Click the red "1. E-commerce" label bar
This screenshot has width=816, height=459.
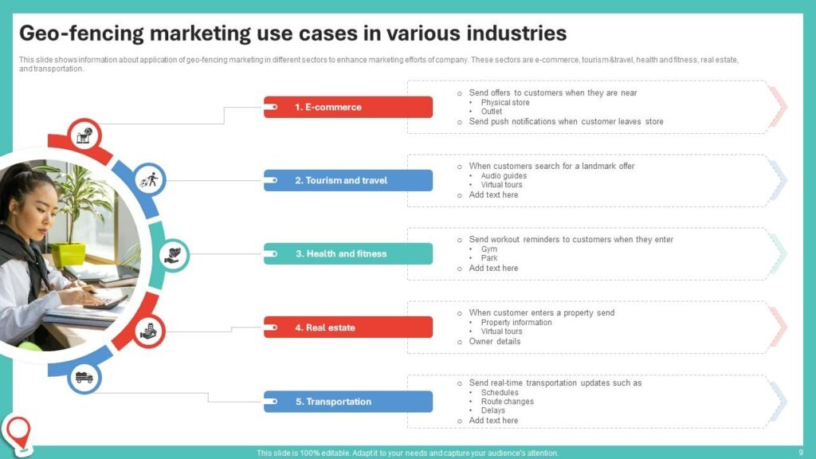pyautogui.click(x=347, y=108)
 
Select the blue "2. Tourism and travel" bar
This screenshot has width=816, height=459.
pyautogui.click(x=347, y=181)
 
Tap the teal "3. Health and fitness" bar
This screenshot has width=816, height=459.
pyautogui.click(x=347, y=254)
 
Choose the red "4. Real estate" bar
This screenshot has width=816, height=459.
pyautogui.click(x=347, y=328)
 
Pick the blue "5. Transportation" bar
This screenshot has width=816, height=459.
pyautogui.click(x=347, y=402)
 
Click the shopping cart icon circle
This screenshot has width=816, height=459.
pyautogui.click(x=84, y=135)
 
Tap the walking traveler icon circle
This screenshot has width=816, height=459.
pyautogui.click(x=149, y=180)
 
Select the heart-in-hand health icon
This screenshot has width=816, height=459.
pyautogui.click(x=173, y=255)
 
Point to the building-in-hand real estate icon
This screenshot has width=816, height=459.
pyautogui.click(x=149, y=331)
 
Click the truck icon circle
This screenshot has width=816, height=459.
pyautogui.click(x=84, y=377)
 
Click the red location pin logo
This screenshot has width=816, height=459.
pyautogui.click(x=19, y=433)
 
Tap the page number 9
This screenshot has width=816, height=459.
pyautogui.click(x=801, y=453)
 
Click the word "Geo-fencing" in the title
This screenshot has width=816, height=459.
pyautogui.click(x=81, y=33)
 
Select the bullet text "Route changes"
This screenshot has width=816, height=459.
pyautogui.click(x=508, y=402)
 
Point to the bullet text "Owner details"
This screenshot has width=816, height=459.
pyautogui.click(x=494, y=341)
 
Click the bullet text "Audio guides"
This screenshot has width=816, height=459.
pyautogui.click(x=504, y=176)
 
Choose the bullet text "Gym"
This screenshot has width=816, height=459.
pyautogui.click(x=489, y=249)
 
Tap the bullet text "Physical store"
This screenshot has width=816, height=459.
pyautogui.click(x=505, y=103)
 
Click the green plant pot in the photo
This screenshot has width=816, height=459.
pyautogui.click(x=69, y=254)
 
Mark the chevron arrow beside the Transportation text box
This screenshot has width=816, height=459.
pyautogui.click(x=778, y=402)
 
